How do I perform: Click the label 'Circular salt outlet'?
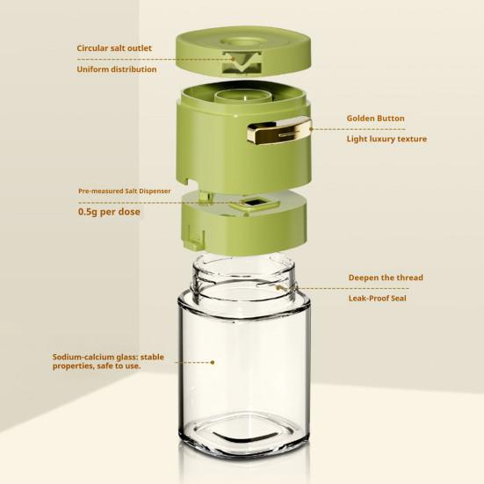[114, 48]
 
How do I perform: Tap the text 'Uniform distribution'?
[117, 69]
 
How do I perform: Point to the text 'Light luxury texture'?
[386, 139]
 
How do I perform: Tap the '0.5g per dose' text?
[109, 212]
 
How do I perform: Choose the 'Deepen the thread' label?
[386, 278]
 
